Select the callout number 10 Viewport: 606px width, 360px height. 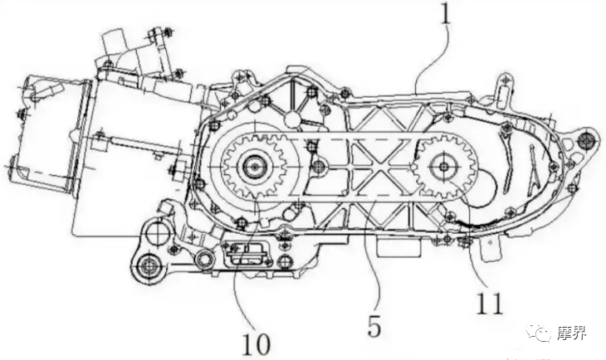tap(256, 341)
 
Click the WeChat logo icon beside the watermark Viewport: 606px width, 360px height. tap(542, 333)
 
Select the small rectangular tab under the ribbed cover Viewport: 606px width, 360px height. tap(390, 246)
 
